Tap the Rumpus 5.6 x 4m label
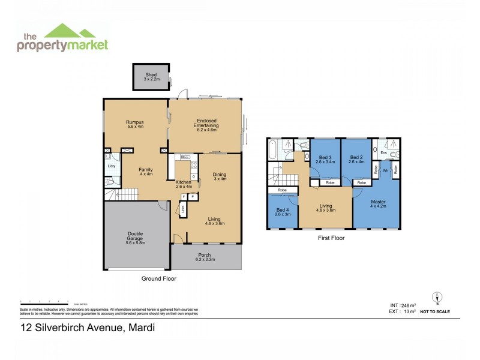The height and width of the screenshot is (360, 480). [135, 124]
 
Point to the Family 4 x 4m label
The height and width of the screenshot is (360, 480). [145, 172]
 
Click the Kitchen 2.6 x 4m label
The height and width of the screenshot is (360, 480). [184, 184]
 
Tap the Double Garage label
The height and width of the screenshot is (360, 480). [135, 238]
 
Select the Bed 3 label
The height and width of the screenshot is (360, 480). [325, 159]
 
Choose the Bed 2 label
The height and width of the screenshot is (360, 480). [356, 159]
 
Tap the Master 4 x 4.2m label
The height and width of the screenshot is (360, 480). [378, 203]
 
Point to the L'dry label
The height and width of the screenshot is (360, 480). [112, 166]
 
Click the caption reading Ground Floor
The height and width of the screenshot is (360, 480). [158, 278]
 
